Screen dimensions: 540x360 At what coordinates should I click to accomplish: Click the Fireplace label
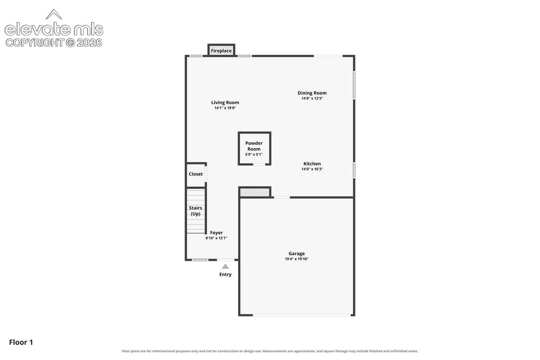pyautogui.click(x=221, y=51)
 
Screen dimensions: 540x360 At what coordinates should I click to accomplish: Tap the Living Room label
pyautogui.click(x=225, y=103)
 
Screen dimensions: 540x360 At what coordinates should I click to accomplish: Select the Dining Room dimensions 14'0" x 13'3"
pyautogui.click(x=312, y=99)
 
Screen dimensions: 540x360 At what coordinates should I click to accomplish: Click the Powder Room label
pyautogui.click(x=254, y=146)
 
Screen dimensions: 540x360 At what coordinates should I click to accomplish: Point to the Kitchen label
pyautogui.click(x=312, y=164)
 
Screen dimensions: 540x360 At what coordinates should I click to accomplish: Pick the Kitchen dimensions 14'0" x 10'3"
pyautogui.click(x=312, y=169)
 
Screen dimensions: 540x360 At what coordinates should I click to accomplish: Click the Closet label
pyautogui.click(x=196, y=174)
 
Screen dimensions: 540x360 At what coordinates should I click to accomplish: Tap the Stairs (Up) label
pyautogui.click(x=195, y=211)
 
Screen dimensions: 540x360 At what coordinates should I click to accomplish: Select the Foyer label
pyautogui.click(x=216, y=233)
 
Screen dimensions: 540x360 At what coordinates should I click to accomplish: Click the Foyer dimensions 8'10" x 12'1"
pyautogui.click(x=216, y=238)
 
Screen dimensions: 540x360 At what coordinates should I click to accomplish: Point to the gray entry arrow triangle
pyautogui.click(x=225, y=266)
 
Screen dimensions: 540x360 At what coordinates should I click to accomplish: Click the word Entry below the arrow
pyautogui.click(x=225, y=274)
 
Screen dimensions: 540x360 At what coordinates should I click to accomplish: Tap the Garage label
pyautogui.click(x=297, y=254)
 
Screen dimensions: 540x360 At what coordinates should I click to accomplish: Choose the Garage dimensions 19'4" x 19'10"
pyautogui.click(x=297, y=259)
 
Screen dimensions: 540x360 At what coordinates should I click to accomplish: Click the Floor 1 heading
pyautogui.click(x=21, y=342)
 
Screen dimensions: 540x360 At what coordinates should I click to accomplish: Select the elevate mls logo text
pyautogui.click(x=54, y=29)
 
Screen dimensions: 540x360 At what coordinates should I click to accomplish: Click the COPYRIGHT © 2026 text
pyautogui.click(x=54, y=43)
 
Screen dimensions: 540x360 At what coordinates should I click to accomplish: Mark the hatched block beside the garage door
pyautogui.click(x=255, y=193)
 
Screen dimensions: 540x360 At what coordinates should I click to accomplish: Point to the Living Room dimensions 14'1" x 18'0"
pyautogui.click(x=225, y=108)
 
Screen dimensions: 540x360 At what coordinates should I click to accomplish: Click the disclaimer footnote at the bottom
pyautogui.click(x=270, y=351)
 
